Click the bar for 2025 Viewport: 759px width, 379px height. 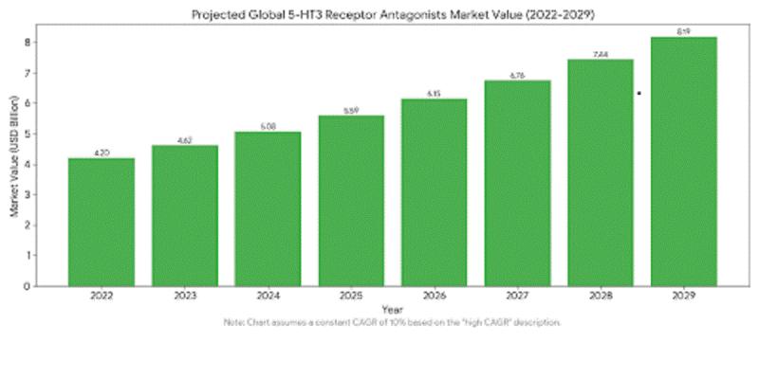[x=351, y=200]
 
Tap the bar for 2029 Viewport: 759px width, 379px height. [x=684, y=160]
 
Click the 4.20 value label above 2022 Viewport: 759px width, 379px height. [x=101, y=153]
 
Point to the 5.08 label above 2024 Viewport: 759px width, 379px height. [x=268, y=126]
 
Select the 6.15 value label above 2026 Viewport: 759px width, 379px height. [x=435, y=93]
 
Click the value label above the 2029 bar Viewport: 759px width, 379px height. [x=684, y=31]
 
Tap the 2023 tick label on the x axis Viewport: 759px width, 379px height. [x=184, y=296]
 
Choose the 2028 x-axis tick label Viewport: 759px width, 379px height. [x=601, y=296]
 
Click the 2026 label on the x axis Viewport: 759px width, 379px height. [x=435, y=296]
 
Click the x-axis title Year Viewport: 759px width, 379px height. [x=392, y=310]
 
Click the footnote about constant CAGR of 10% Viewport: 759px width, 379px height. [x=392, y=323]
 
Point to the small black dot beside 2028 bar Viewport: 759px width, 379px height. [x=639, y=93]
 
